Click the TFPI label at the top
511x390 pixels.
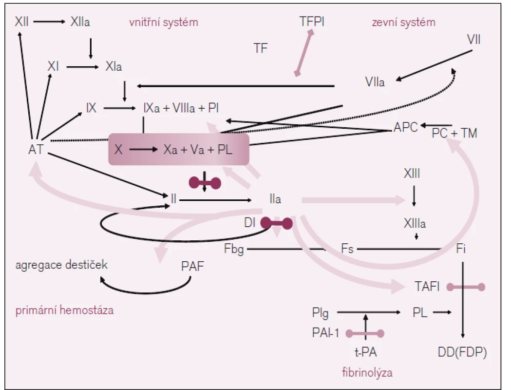(312, 21)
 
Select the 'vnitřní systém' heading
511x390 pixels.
(164, 22)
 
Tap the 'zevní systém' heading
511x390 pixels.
(403, 22)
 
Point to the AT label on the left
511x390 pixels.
(36, 149)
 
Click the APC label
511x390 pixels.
(406, 127)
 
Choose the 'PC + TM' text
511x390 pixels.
(454, 133)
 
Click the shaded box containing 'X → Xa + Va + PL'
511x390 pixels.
(179, 149)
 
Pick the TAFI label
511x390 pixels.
(427, 287)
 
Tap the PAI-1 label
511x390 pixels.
(325, 333)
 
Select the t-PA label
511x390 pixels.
(365, 352)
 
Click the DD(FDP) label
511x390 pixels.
(462, 352)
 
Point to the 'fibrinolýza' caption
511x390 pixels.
(367, 372)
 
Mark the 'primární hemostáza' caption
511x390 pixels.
(64, 310)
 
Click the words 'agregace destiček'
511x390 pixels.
(61, 264)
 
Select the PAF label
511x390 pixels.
(192, 266)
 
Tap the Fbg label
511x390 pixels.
(234, 249)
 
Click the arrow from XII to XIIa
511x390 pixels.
(50, 22)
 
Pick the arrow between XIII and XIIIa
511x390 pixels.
(414, 196)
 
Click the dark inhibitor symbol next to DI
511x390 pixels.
(276, 223)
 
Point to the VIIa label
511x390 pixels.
(375, 82)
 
